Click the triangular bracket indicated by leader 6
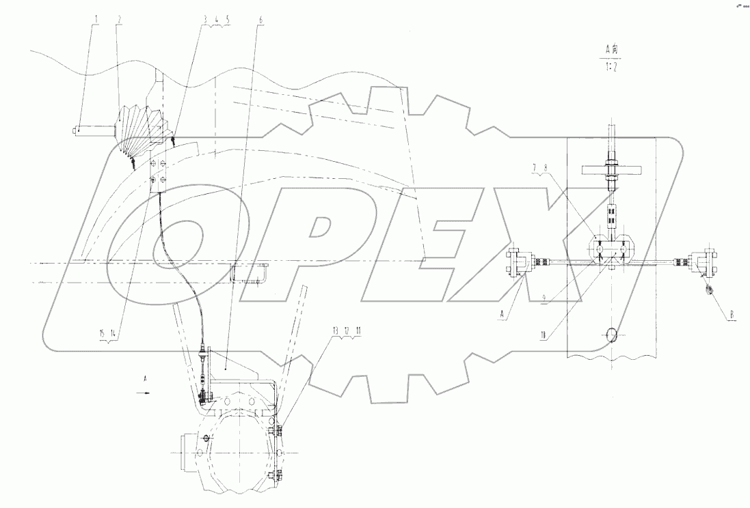[x=232, y=362]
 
